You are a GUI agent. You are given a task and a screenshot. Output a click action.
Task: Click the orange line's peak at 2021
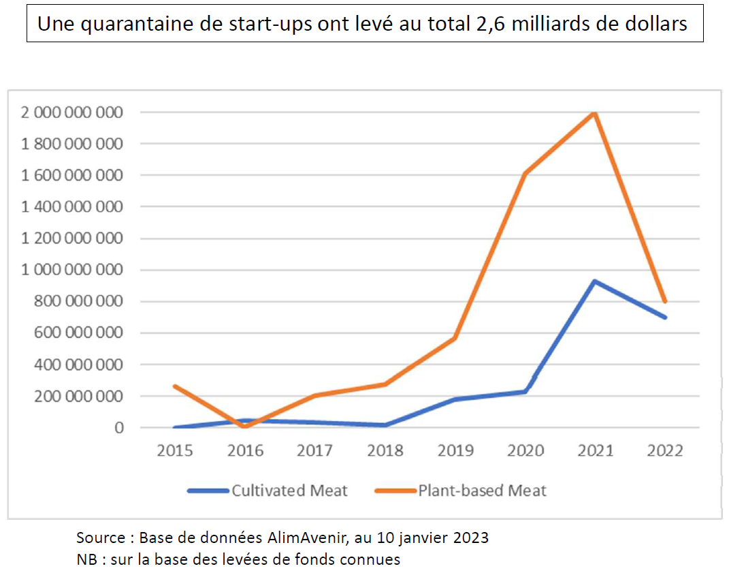595,112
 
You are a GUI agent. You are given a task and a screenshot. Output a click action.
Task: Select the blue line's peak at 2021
595,281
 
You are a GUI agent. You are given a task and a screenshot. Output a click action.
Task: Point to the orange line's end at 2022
665,301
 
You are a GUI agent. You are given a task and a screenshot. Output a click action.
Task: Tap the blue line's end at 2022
665,317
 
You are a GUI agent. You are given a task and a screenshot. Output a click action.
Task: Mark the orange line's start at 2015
175,386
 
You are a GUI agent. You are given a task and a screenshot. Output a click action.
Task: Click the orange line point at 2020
525,174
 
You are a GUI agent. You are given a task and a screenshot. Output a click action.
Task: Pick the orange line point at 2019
455,338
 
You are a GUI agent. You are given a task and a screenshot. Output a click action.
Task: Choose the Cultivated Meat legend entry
289,491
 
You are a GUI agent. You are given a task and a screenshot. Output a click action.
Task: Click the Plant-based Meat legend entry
482,491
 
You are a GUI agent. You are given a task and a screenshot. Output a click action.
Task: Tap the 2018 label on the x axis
385,451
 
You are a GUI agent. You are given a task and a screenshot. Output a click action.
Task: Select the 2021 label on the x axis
595,451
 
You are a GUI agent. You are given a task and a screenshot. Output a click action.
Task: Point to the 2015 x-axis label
175,451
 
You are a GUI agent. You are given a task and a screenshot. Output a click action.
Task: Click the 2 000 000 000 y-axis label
71,112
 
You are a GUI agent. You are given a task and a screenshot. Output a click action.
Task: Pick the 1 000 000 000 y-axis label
71,270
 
